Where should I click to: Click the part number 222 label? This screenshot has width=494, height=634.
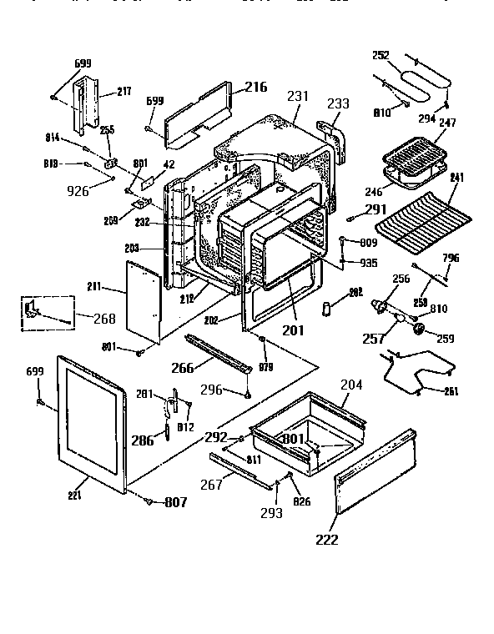(x=327, y=539)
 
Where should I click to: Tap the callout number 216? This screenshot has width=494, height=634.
(x=256, y=88)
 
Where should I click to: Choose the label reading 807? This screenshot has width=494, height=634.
(x=174, y=502)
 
